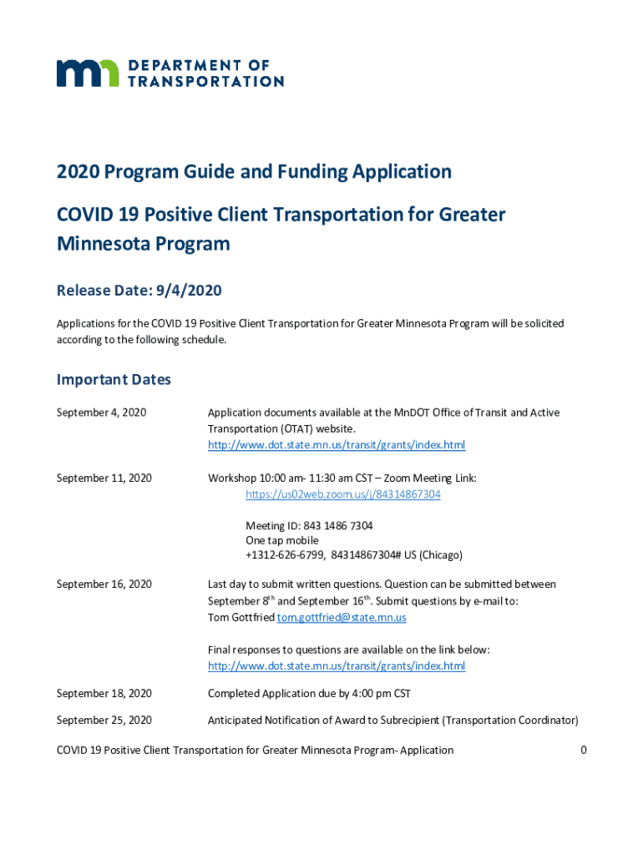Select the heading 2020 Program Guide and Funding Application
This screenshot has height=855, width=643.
tap(254, 172)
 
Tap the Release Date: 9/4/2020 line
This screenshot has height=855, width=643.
tap(139, 291)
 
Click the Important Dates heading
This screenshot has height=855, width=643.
tap(114, 380)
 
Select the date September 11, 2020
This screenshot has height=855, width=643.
tap(104, 478)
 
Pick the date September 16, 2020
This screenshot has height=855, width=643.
tap(104, 584)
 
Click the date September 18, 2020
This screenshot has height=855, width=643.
tap(104, 694)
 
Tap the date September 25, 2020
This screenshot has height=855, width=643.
tap(104, 720)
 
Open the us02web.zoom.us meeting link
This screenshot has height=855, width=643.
tap(342, 494)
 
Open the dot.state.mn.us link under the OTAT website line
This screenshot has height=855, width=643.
tap(336, 445)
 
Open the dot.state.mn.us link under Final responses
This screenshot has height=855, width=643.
tap(336, 665)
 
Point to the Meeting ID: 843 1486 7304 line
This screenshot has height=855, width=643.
tap(309, 526)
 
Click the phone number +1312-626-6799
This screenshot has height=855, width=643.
tap(285, 555)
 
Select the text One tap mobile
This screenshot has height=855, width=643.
tap(281, 540)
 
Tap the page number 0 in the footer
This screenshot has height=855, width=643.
tap(584, 750)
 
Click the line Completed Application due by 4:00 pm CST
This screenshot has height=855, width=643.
tap(308, 694)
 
